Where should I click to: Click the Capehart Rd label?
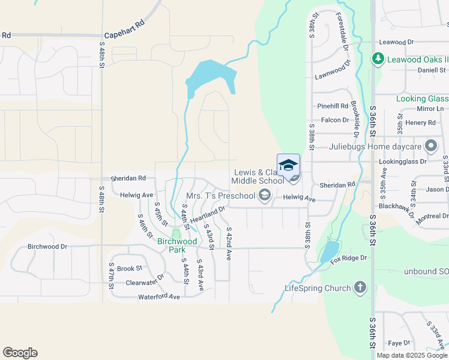124,36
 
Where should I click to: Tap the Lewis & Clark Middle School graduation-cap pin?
288,165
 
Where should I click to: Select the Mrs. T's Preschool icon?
264,195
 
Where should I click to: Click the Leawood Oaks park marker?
378,58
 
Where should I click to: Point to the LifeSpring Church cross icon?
360,288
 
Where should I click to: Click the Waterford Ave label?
159,296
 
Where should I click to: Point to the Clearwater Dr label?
145,281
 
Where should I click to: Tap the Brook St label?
129,269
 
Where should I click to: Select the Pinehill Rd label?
333,106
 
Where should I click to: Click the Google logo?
20,353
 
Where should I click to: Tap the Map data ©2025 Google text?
412,355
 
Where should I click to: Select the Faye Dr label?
399,343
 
